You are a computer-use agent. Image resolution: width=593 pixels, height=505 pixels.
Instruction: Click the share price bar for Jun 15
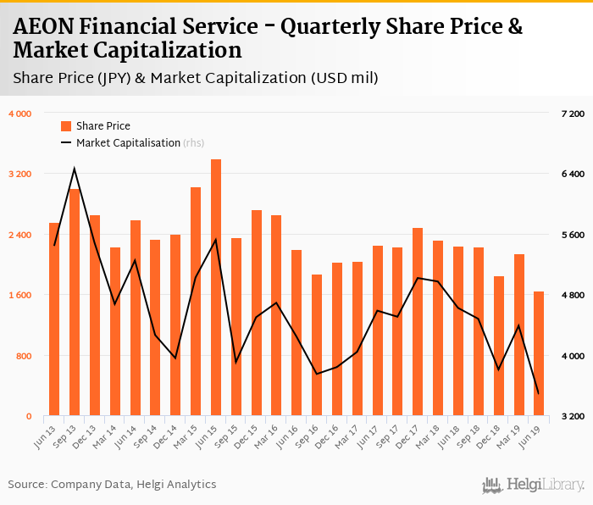tap(216, 288)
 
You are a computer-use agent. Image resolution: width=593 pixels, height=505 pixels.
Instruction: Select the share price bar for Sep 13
tap(75, 302)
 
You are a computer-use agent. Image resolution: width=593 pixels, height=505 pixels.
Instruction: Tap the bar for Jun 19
tap(539, 354)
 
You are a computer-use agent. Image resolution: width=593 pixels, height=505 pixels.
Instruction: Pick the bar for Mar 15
tap(196, 302)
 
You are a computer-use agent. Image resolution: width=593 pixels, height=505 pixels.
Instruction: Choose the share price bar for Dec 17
tap(418, 322)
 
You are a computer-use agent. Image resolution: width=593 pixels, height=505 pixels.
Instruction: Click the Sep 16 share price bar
tap(317, 346)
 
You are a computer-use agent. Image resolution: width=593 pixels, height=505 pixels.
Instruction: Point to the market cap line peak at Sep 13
tap(75, 169)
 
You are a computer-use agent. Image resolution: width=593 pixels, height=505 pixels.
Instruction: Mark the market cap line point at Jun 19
tap(539, 393)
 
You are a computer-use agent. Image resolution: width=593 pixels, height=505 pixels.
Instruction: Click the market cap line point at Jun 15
tap(216, 239)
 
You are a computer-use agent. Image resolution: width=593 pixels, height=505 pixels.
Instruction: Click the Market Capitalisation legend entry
tap(128, 143)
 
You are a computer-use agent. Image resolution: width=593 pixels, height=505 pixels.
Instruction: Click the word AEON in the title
tap(41, 27)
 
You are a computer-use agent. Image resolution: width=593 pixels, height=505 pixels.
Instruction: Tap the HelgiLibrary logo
tap(533, 485)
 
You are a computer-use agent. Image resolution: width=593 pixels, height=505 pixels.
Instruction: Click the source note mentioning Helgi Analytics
tap(112, 485)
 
